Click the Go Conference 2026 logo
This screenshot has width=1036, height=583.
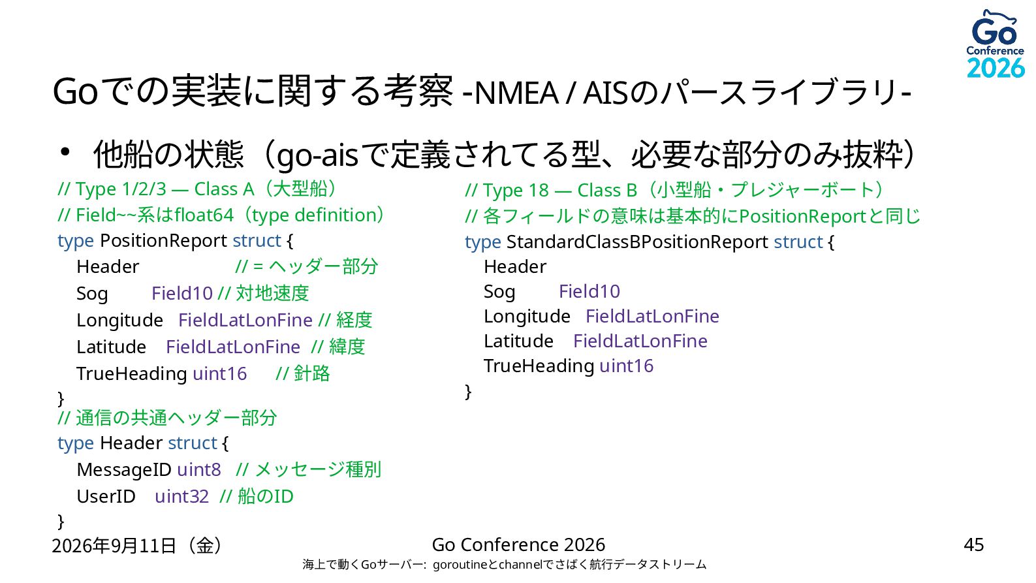996,44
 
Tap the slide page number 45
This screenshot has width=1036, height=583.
973,545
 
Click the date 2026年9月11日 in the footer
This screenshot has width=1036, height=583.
114,546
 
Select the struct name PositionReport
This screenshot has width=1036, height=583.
163,241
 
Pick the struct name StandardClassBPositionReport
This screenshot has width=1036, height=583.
637,242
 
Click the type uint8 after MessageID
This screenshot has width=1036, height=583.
199,469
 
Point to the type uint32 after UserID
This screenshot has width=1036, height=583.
181,496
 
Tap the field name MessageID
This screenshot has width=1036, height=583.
124,469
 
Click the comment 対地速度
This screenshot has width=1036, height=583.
272,293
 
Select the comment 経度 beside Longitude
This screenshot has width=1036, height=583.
354,320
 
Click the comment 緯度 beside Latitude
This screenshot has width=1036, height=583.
347,347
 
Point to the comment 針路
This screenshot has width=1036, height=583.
312,373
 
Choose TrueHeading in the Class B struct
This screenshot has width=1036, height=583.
539,366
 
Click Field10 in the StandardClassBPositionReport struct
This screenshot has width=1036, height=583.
589,291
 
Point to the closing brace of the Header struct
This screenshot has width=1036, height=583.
61,522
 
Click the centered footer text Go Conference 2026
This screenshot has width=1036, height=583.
518,545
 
